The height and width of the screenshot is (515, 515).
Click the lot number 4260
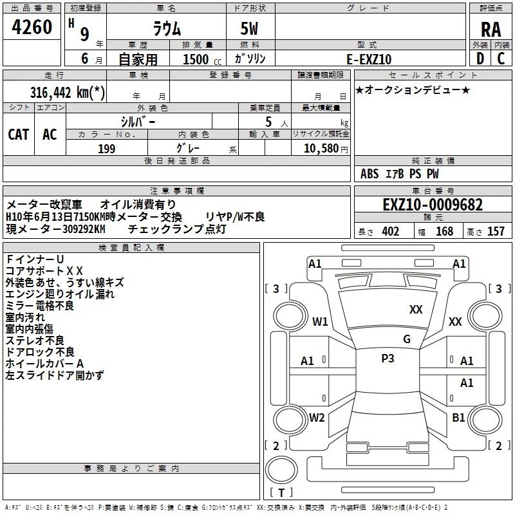click(x=32, y=28)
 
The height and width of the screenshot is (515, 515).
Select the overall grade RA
click(x=491, y=30)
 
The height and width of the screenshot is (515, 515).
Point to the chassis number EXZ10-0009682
click(x=432, y=205)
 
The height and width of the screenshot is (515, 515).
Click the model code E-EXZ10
click(x=370, y=59)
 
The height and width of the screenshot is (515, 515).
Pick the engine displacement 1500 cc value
click(x=196, y=59)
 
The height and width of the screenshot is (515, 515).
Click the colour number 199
click(x=106, y=149)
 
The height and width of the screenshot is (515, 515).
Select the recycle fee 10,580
click(x=321, y=149)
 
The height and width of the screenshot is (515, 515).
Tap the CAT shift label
click(x=19, y=134)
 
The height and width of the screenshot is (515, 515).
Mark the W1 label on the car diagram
click(x=320, y=321)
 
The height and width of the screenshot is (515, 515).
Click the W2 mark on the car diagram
click(x=317, y=417)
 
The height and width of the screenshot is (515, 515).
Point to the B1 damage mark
click(x=458, y=417)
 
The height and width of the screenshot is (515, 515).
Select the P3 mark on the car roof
click(x=388, y=359)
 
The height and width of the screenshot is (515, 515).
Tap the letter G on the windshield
click(x=406, y=339)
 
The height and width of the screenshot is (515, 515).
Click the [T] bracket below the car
click(x=281, y=493)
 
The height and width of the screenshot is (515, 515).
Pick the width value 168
click(x=444, y=232)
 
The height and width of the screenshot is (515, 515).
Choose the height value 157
click(x=496, y=232)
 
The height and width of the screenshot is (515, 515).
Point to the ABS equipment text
click(x=370, y=174)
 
